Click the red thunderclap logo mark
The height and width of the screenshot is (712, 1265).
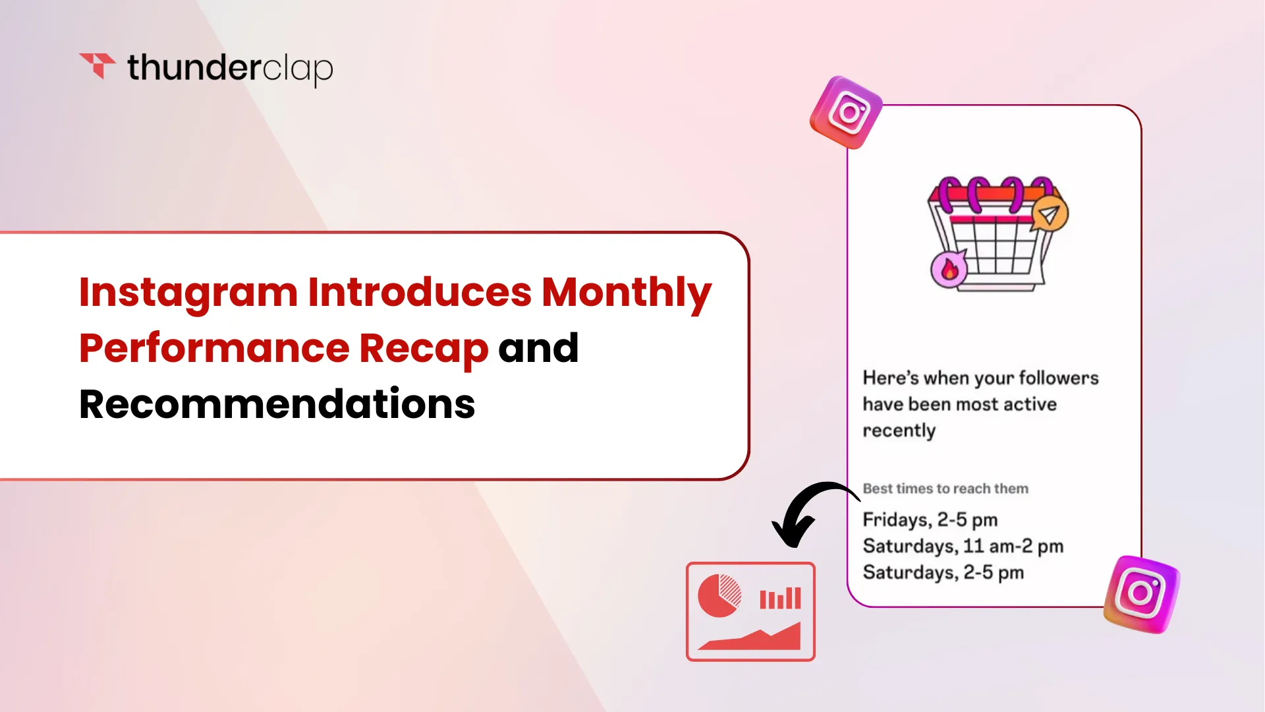(97, 65)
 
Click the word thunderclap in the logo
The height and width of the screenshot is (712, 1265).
(230, 69)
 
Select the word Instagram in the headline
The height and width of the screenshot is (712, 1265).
(188, 293)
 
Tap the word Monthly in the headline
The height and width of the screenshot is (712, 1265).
(627, 293)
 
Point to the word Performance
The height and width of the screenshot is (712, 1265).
(214, 349)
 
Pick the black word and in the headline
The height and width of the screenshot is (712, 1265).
(538, 348)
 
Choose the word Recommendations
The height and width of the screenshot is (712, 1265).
(277, 404)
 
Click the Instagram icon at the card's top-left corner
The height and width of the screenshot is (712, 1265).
(847, 113)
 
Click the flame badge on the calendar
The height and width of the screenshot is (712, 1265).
(949, 269)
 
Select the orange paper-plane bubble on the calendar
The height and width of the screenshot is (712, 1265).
(1049, 214)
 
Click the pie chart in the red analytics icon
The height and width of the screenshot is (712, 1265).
(719, 595)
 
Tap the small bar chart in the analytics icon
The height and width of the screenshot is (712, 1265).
(780, 598)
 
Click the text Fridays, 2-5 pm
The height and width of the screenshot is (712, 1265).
(930, 520)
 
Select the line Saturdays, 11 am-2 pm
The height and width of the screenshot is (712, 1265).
(963, 547)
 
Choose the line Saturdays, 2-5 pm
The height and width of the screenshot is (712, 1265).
(943, 573)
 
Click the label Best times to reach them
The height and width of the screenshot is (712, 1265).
(945, 489)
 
